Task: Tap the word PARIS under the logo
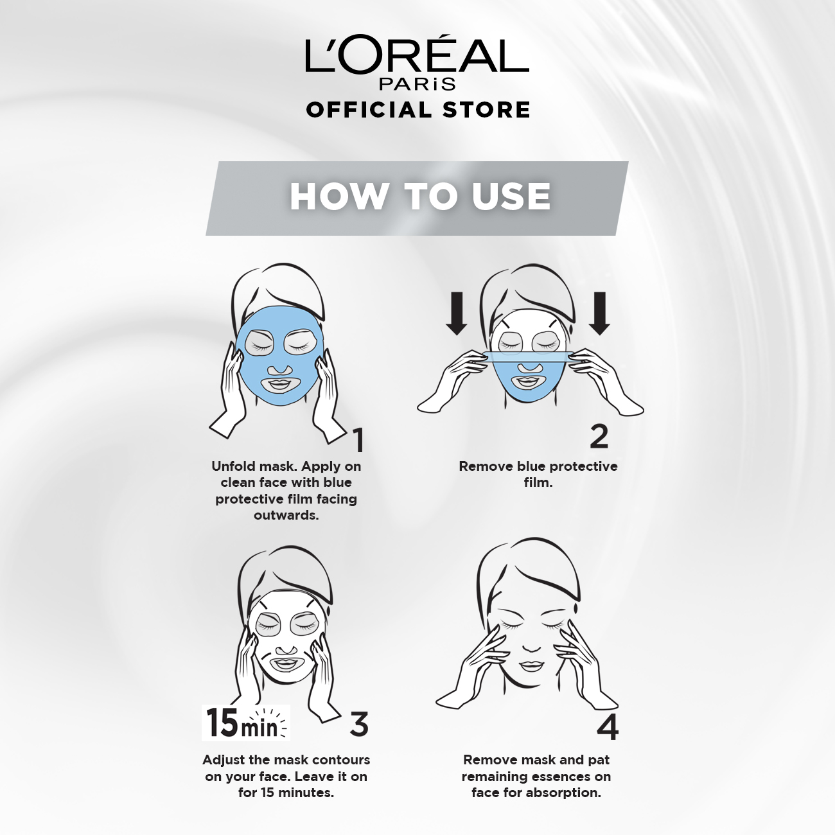click(418, 83)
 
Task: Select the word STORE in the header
click(486, 110)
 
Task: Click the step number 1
click(358, 440)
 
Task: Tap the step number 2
click(599, 436)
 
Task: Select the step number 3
click(359, 724)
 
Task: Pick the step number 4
click(608, 728)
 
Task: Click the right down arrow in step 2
click(599, 313)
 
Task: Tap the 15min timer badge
click(246, 723)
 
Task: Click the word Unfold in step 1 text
click(233, 466)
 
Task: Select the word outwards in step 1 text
click(286, 515)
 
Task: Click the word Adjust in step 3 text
click(224, 760)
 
